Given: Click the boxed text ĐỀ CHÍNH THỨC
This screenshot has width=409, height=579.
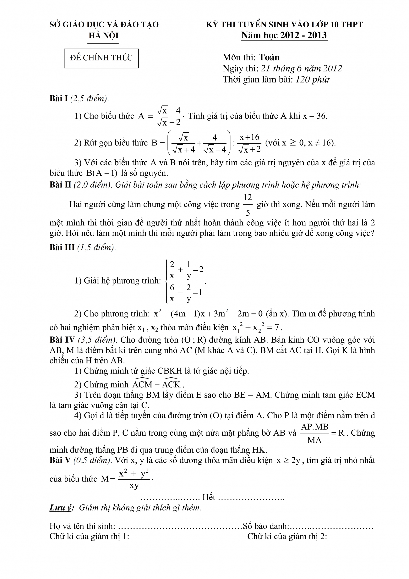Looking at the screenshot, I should pos(101,58).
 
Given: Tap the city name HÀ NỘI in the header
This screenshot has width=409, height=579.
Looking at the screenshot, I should pos(103,36).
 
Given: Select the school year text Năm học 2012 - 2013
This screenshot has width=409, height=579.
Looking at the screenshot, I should pos(284,35).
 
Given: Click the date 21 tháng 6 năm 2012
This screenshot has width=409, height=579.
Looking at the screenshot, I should pos(301,69).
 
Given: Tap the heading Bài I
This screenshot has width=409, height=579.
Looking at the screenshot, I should pos(58,99).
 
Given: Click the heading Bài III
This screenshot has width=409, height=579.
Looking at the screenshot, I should pos(62,247).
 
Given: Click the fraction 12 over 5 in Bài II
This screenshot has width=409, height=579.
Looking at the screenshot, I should pos(248,205).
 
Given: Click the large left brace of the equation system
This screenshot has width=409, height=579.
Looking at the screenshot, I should pos(166,281).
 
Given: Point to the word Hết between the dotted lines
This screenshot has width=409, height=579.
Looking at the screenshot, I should pos(209,497).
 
